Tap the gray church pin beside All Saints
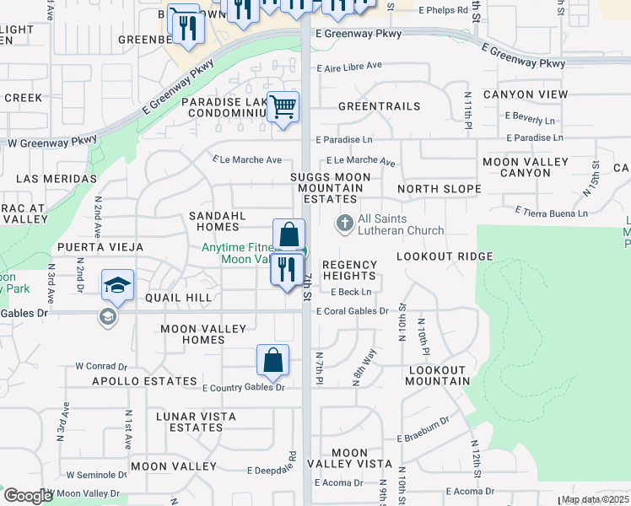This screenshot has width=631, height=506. (344, 223)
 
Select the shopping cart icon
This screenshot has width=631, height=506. (283, 107)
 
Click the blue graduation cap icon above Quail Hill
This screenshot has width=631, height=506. (118, 284)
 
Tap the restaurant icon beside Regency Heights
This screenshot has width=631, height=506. (287, 270)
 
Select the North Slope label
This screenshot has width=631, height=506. (439, 189)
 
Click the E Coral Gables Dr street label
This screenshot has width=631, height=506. (352, 311)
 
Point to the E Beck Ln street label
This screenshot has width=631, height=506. (350, 293)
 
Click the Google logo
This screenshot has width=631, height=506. (28, 496)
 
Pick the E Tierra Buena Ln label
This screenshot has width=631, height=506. (551, 213)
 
